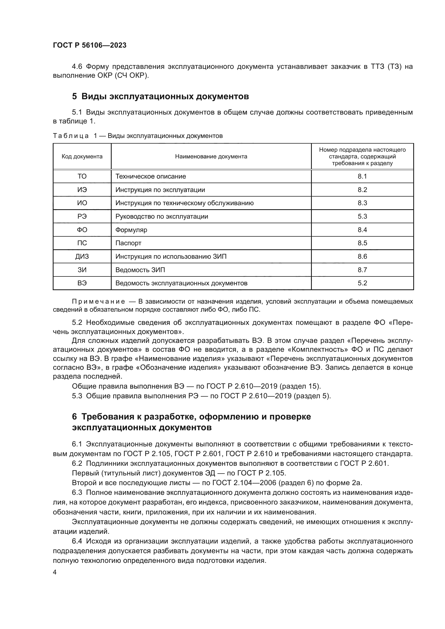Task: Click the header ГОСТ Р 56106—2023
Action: pos(90,45)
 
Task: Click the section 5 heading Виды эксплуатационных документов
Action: pos(160,97)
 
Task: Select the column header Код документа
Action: pos(82,157)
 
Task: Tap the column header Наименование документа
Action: pos(211,157)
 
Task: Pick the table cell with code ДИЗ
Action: pos(82,257)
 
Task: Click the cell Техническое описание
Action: pos(150,176)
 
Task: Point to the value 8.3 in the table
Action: pos(362,203)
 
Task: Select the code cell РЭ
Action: pos(82,216)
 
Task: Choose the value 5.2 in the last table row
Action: pos(362,283)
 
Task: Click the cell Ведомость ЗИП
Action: pos(140,270)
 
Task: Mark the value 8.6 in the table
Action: pos(362,257)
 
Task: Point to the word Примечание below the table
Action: pos(98,302)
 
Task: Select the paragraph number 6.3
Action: pos(77,493)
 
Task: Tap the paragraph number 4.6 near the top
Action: pos(77,67)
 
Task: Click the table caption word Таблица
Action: pos(71,136)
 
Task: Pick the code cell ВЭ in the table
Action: pos(82,283)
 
